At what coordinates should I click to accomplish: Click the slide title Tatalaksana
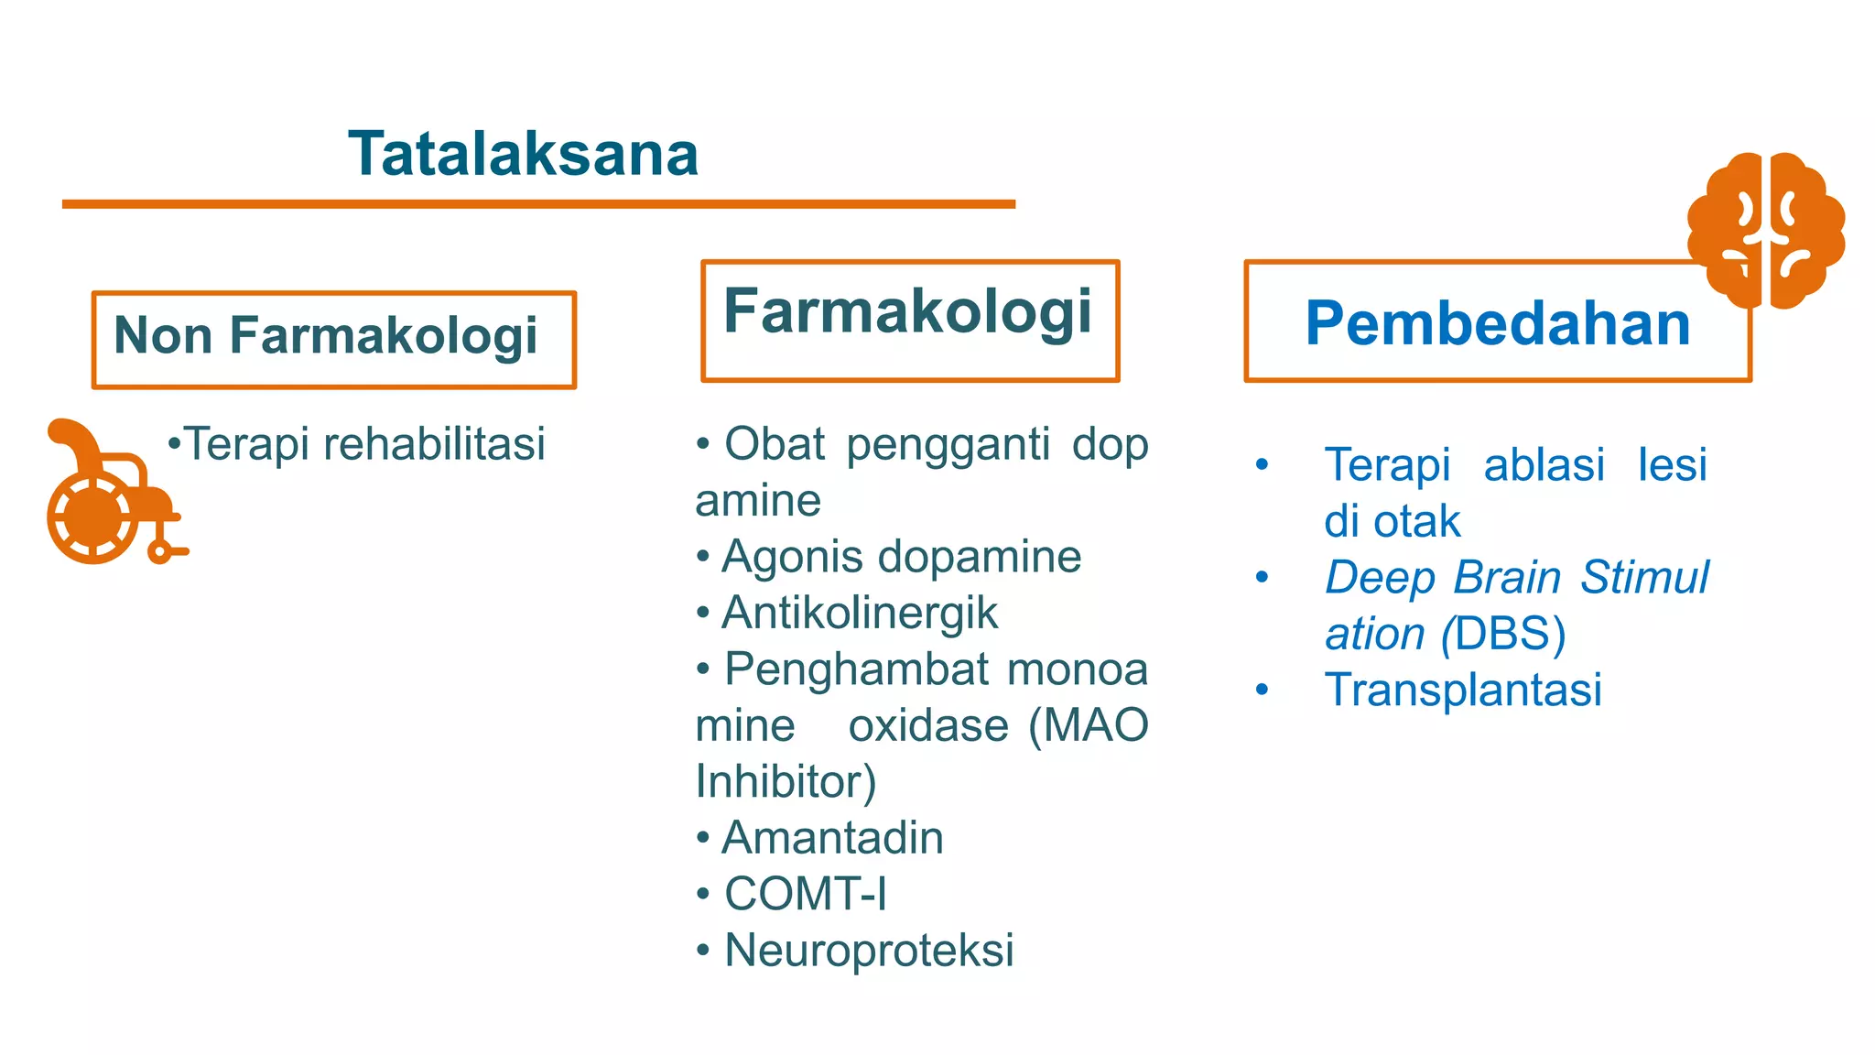tap(523, 153)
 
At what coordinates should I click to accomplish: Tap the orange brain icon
tap(1765, 230)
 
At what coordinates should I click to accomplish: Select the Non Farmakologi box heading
tap(326, 335)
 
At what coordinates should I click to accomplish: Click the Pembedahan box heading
tap(1497, 323)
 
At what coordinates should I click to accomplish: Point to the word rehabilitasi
tap(435, 444)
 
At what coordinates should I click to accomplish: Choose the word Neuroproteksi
tap(868, 951)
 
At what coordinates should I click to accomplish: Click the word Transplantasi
tap(1462, 690)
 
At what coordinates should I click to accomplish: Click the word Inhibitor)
tap(786, 782)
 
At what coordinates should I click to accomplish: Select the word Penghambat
tap(856, 669)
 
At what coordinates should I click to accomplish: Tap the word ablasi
tap(1544, 465)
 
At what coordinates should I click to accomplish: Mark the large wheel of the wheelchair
tap(93, 517)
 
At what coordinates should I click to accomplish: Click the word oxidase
tap(927, 726)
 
